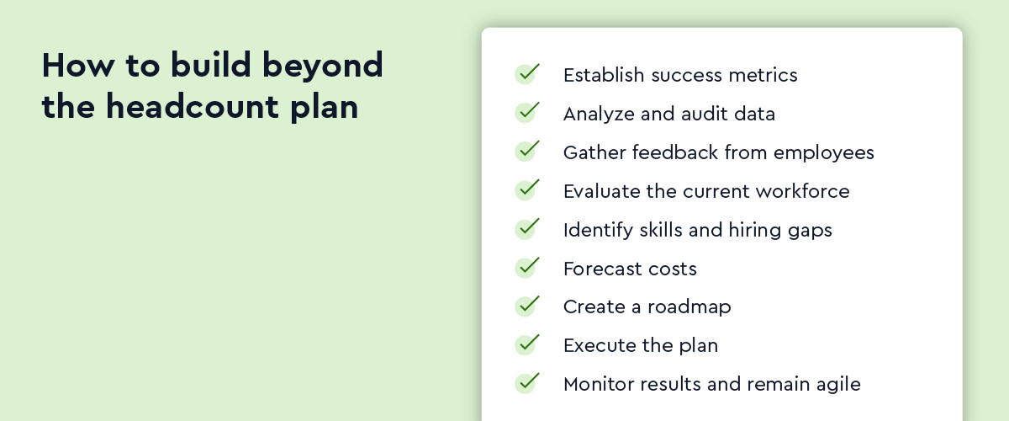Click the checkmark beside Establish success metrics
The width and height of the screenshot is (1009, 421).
click(527, 73)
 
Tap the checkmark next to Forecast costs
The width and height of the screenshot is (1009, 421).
click(527, 267)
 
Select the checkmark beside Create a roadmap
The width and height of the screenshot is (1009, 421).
click(527, 306)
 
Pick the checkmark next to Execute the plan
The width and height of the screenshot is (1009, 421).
click(527, 344)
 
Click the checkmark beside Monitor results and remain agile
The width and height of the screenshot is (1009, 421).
click(527, 383)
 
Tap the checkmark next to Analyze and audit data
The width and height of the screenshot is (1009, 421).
click(527, 112)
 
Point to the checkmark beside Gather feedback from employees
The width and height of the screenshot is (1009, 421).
click(527, 152)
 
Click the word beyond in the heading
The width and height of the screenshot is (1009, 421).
click(323, 67)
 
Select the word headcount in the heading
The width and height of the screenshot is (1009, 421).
click(193, 107)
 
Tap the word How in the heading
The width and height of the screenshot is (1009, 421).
click(78, 65)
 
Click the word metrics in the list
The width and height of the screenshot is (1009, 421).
click(763, 75)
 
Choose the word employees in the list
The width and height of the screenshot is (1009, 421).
click(824, 153)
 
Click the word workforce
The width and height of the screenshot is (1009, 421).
click(803, 191)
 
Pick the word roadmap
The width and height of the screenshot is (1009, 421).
click(689, 307)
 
